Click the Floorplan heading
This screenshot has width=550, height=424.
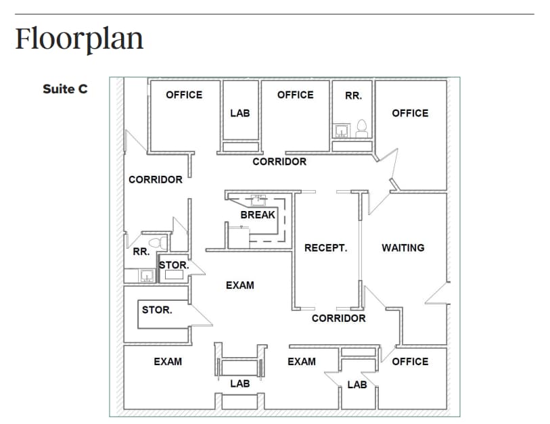(80, 39)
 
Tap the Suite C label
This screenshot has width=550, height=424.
(65, 89)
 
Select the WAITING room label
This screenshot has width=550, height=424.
(403, 248)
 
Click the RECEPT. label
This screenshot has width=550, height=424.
(325, 248)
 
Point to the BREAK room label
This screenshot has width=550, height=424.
(258, 214)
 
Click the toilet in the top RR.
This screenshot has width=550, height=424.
(361, 126)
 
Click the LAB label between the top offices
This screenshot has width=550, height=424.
(239, 113)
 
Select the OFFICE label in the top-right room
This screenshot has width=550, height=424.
(410, 113)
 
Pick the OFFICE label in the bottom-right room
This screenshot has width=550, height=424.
(410, 361)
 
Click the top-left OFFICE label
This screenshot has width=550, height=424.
(184, 95)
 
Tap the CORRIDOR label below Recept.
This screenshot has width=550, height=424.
(338, 318)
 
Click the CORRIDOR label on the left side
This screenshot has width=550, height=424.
(156, 179)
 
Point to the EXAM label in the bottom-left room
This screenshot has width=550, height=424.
(168, 361)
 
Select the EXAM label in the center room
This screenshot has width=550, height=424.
(240, 285)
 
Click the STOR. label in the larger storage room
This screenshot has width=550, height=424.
(156, 310)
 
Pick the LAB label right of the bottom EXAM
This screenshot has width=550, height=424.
(357, 385)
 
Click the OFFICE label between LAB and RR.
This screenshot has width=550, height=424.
(296, 95)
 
